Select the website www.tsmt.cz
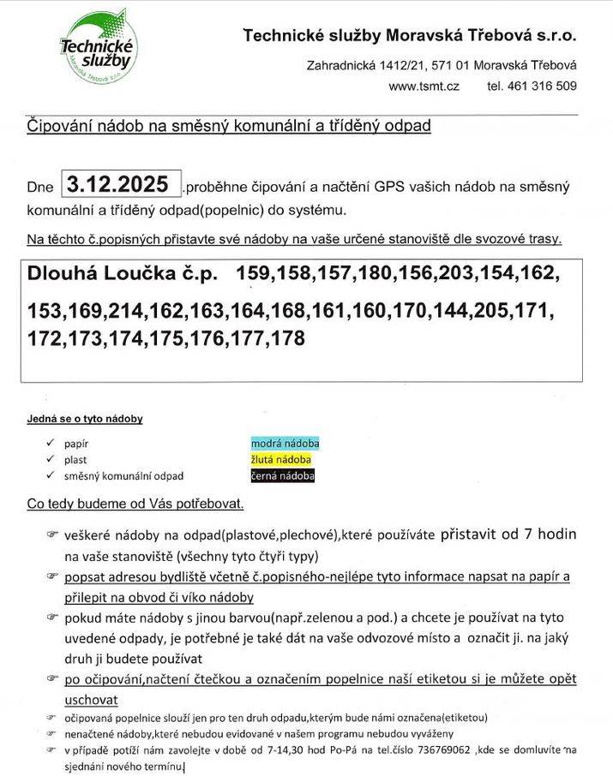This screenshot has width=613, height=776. (424, 86)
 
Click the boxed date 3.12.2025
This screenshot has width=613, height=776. (121, 184)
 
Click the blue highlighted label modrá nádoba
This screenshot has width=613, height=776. (285, 444)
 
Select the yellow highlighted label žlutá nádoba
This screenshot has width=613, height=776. (280, 460)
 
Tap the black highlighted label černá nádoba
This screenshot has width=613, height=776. (282, 475)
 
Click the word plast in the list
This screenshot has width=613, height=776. (75, 460)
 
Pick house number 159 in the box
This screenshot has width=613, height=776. (254, 274)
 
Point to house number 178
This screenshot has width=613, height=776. (286, 339)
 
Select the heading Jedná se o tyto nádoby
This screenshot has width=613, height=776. (85, 419)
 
